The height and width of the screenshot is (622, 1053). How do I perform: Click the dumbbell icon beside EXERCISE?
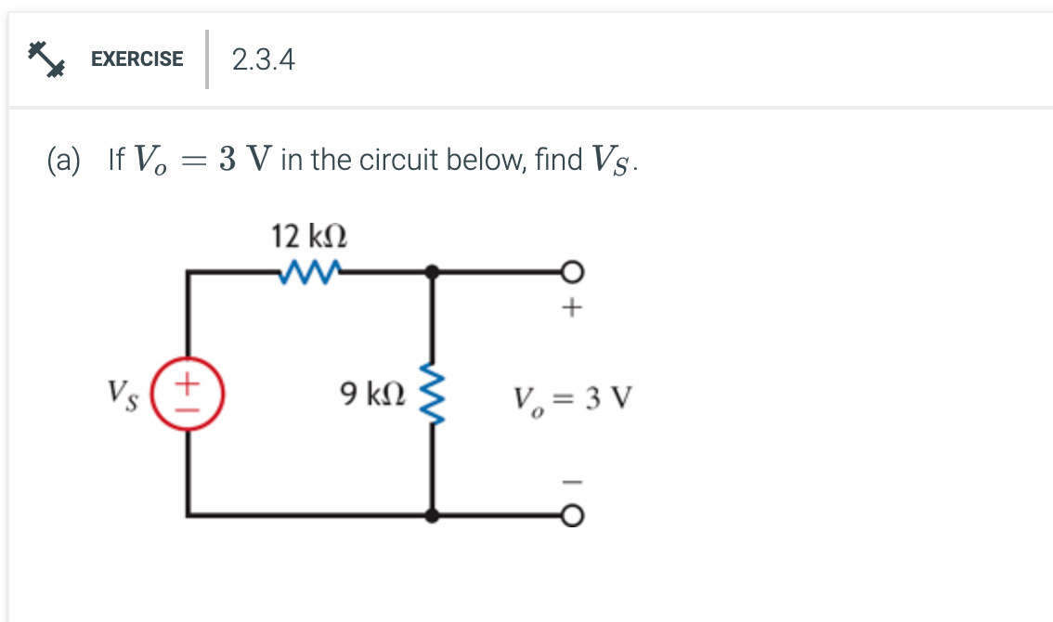pos(45,58)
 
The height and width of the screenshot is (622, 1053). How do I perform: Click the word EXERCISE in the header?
pos(137,59)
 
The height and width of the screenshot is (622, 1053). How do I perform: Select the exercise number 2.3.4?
pos(264,60)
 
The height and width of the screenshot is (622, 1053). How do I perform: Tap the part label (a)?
pos(64,161)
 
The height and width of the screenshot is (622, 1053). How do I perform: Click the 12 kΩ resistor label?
pos(309,236)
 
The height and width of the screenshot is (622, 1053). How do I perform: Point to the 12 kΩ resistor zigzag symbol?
pos(309,272)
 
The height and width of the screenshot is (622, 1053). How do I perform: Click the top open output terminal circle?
pos(573,272)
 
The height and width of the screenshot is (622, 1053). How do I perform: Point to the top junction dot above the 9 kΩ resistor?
pos(432,272)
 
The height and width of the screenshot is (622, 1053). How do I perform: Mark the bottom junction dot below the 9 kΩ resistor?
pos(432,514)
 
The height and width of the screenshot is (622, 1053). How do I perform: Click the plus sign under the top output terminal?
pos(573,307)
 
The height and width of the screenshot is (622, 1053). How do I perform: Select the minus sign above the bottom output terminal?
pos(573,481)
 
